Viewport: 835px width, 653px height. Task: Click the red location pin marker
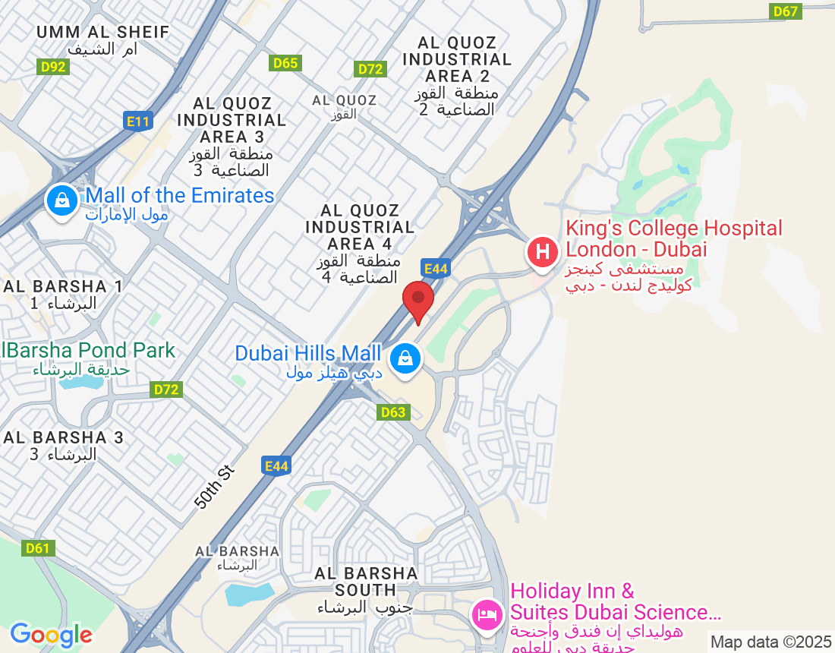coord(417,301)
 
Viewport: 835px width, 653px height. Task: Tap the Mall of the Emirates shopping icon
coord(62,201)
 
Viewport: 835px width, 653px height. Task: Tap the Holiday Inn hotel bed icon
coord(487,614)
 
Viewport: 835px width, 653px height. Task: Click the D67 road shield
coord(786,11)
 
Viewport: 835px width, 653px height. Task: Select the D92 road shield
coord(53,67)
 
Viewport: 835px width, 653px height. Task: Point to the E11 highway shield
coord(138,120)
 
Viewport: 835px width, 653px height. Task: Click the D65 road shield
coord(285,63)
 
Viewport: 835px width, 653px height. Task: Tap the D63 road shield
coord(393,412)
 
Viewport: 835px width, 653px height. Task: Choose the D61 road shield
coord(37,547)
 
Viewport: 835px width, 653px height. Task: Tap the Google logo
coord(51,635)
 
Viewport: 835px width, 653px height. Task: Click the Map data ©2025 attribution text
coord(770,642)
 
